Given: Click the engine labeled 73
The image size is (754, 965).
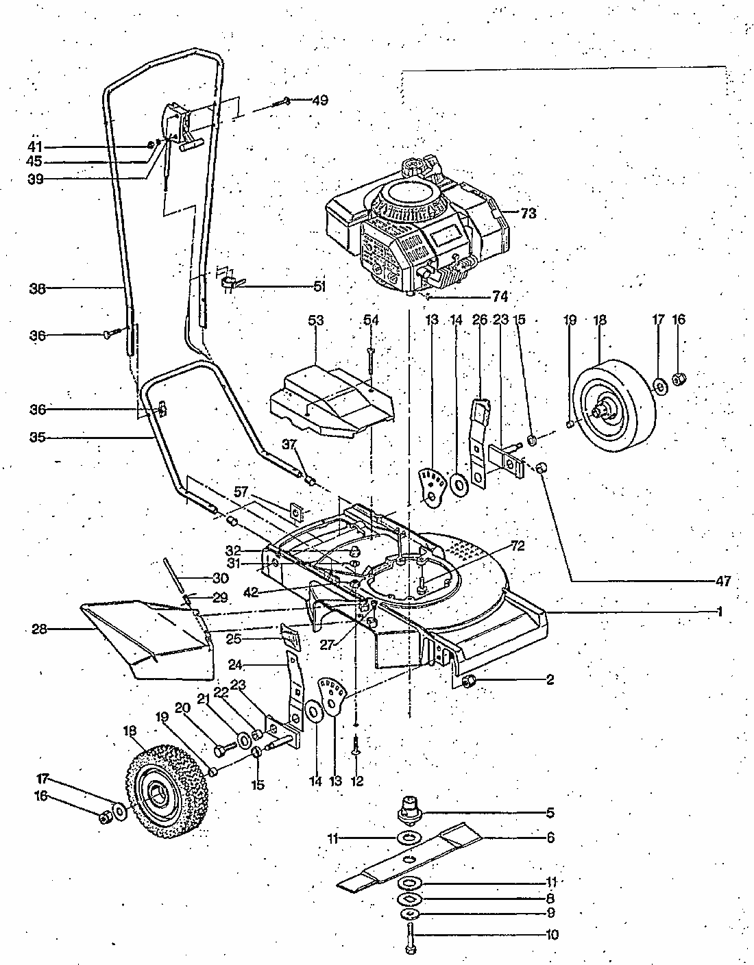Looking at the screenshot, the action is pos(417,227).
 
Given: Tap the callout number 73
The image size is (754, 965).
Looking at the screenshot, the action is pos(528,214).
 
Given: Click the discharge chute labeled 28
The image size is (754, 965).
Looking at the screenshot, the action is pos(148,640).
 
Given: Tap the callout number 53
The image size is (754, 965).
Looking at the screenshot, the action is pos(316,321).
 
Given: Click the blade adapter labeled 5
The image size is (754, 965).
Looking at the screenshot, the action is pos(409,810).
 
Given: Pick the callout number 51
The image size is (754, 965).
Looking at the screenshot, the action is pos(319,286).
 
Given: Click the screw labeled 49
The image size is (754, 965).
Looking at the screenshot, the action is pos(281,103).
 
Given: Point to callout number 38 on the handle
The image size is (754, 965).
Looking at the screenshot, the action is pos(37,288).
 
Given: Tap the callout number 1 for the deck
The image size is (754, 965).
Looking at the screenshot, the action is pos(720,612).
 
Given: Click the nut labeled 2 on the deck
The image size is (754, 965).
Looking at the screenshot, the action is pos(469,681).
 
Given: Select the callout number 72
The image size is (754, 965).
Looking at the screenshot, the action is pos(518,546).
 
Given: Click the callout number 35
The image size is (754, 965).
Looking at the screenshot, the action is pos(37,438).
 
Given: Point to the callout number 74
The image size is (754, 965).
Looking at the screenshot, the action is pos(500,296).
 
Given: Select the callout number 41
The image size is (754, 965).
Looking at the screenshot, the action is pos(35,147).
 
